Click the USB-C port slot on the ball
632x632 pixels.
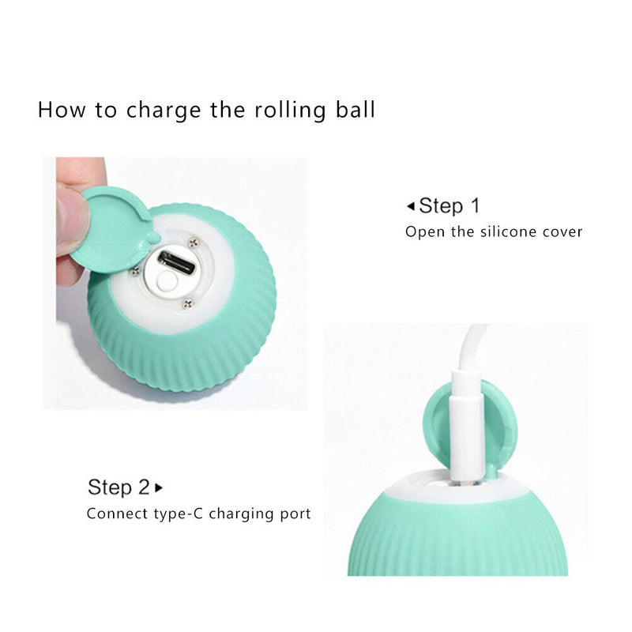[x=176, y=262]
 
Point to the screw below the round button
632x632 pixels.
[x=187, y=302]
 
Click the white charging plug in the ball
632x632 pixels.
[x=467, y=442]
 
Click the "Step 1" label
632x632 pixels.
[x=449, y=206]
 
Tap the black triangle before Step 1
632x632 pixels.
[x=410, y=207]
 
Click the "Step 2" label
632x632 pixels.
[x=118, y=487]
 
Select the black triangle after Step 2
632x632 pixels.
[x=159, y=487]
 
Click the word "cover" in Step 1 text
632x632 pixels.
[x=564, y=231]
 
